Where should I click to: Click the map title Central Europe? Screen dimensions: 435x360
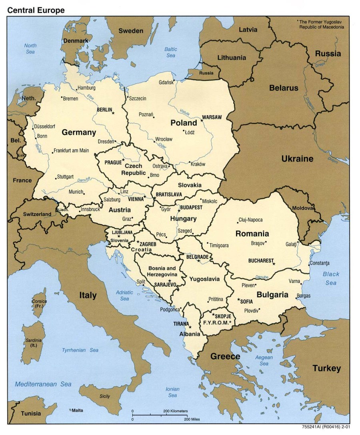click(x=36, y=10)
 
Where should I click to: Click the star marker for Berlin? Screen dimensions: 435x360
click(x=113, y=113)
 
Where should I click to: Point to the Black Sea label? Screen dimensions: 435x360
click(x=331, y=279)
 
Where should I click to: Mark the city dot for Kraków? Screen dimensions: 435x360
click(x=190, y=162)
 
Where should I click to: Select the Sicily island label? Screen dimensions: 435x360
click(x=105, y=396)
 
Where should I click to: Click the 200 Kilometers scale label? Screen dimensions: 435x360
click(x=175, y=411)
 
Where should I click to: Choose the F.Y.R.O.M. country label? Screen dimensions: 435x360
click(x=217, y=322)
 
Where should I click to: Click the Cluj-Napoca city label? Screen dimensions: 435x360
click(x=250, y=220)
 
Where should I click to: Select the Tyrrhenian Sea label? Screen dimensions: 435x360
click(x=80, y=350)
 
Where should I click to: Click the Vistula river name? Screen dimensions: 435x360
click(x=184, y=112)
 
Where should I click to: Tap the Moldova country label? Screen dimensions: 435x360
click(x=302, y=208)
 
